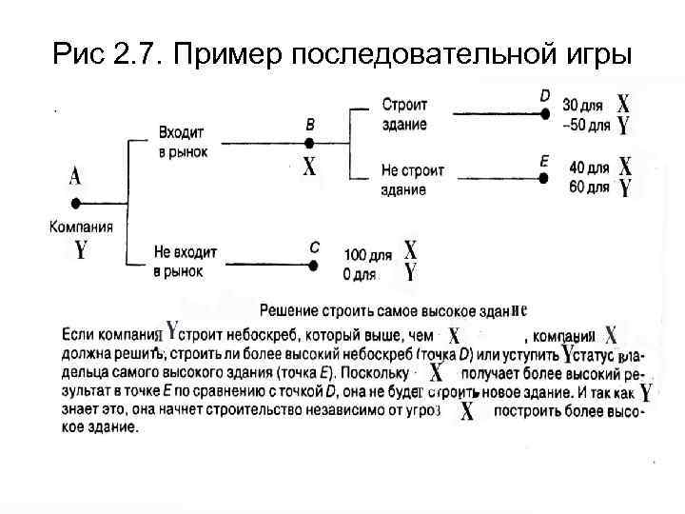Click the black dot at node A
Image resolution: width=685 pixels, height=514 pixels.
click(75, 202)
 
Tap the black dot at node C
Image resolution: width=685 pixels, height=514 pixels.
click(313, 263)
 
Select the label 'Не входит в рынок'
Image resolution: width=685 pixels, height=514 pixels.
click(185, 261)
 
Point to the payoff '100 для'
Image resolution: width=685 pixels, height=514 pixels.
click(367, 255)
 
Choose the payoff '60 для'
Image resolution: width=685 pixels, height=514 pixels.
click(588, 187)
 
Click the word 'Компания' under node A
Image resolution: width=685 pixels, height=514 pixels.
click(81, 227)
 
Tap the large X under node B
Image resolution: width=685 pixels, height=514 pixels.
click(310, 168)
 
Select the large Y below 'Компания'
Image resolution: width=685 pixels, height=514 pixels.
click(81, 250)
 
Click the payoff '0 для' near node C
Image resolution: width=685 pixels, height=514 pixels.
click(360, 274)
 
